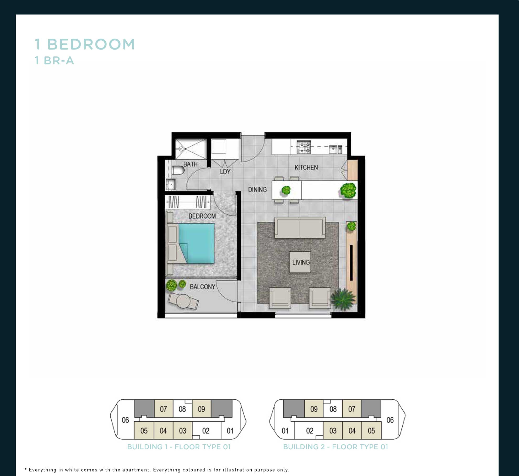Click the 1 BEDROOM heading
pyautogui.click(x=85, y=44)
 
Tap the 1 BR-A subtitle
pyautogui.click(x=55, y=61)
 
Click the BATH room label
pyautogui.click(x=190, y=164)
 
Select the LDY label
pyautogui.click(x=225, y=172)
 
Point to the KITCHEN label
pyautogui.click(x=306, y=167)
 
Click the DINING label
pyautogui.click(x=257, y=189)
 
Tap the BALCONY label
pyautogui.click(x=202, y=287)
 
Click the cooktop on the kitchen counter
pyautogui.click(x=304, y=147)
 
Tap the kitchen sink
pyautogui.click(x=336, y=149)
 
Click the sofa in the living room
pyautogui.click(x=300, y=227)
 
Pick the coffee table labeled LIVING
pyautogui.click(x=300, y=262)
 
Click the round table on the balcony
pyautogui.click(x=183, y=301)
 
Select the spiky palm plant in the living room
pyautogui.click(x=343, y=299)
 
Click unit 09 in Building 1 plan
pyautogui.click(x=201, y=409)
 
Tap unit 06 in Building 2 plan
pyautogui.click(x=390, y=420)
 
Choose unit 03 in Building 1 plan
pyautogui.click(x=182, y=430)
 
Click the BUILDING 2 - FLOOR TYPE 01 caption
pyautogui.click(x=335, y=447)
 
